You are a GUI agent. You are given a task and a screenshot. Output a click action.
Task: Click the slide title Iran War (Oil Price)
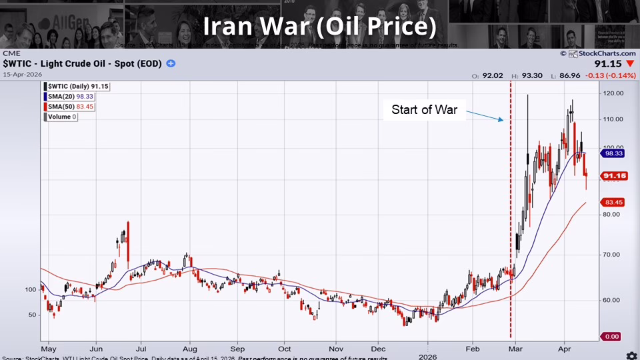[319, 27]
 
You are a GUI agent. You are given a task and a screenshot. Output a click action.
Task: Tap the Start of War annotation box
[424, 110]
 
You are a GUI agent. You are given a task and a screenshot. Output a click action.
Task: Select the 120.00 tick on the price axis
[612, 93]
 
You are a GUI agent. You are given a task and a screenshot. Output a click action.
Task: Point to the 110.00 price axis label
[612, 119]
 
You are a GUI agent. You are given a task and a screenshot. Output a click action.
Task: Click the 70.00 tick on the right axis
[612, 255]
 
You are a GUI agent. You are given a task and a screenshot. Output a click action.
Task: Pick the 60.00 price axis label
[612, 300]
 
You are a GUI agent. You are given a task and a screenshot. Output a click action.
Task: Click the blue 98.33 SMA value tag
[612, 153]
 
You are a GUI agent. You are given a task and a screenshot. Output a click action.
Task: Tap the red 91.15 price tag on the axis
[612, 176]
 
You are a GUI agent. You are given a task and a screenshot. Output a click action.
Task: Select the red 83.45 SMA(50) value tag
[612, 202]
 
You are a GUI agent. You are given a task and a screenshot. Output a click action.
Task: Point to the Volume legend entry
[61, 117]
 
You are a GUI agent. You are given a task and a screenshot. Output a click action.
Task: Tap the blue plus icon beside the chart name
[171, 63]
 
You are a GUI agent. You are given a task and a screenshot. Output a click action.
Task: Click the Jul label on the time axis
[141, 348]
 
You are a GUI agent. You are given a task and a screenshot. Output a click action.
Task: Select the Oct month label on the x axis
[285, 348]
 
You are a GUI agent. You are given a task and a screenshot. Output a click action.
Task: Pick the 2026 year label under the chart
[427, 357]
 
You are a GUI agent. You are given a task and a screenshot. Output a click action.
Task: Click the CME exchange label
[11, 53]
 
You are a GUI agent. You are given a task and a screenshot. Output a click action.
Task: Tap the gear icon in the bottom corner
[631, 355]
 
